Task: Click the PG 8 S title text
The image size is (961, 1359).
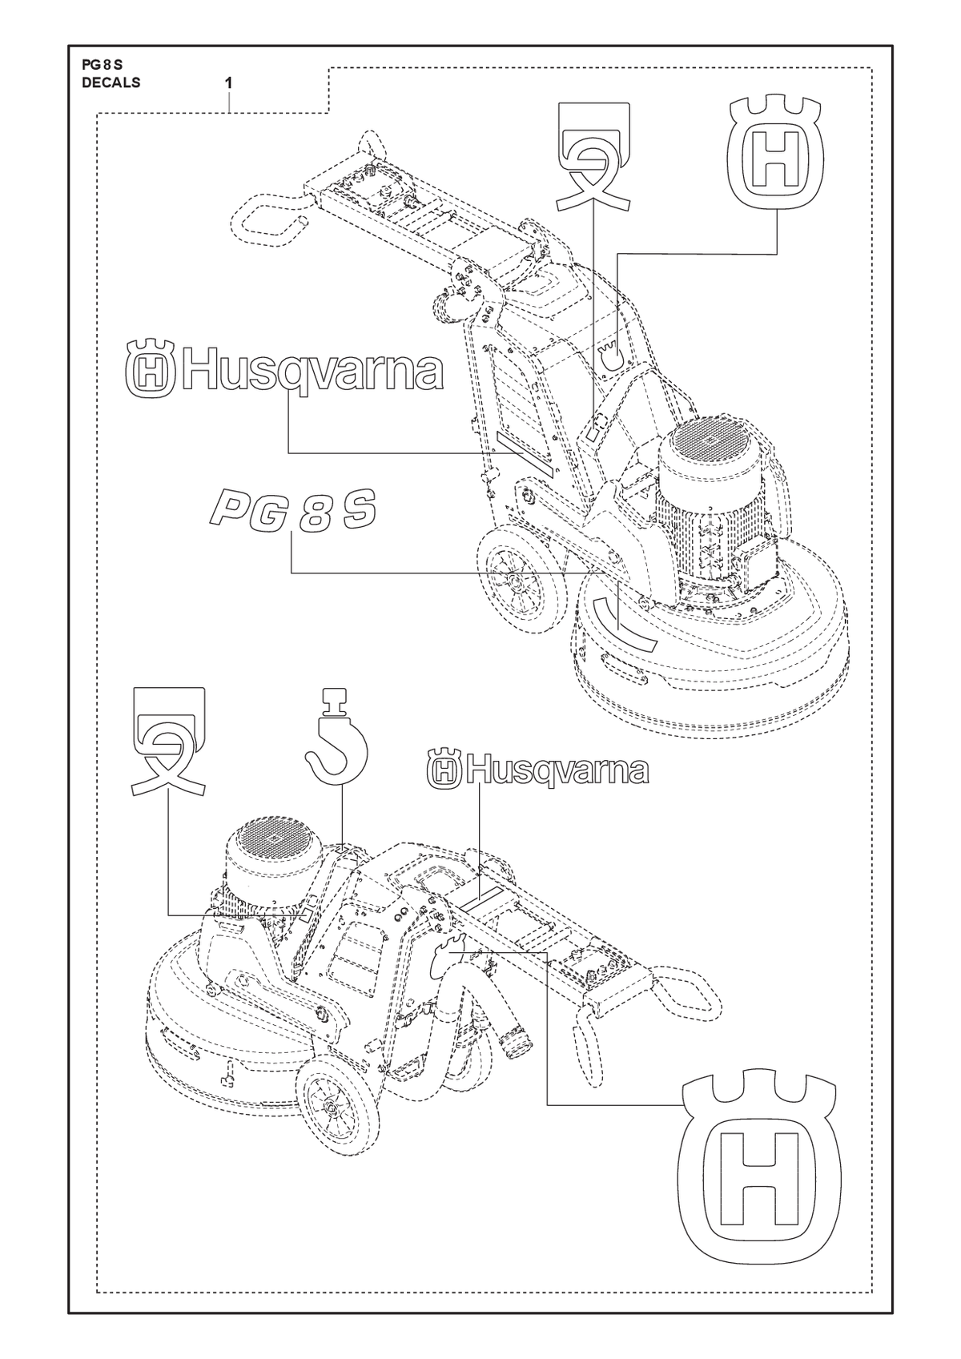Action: [102, 66]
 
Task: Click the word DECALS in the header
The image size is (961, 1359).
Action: [111, 82]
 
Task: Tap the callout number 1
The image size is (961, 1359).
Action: [229, 83]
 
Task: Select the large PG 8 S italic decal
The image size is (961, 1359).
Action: [292, 510]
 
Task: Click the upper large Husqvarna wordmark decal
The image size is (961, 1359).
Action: [284, 369]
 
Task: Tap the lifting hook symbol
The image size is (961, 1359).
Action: [336, 736]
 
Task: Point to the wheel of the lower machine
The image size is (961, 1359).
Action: [332, 1108]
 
